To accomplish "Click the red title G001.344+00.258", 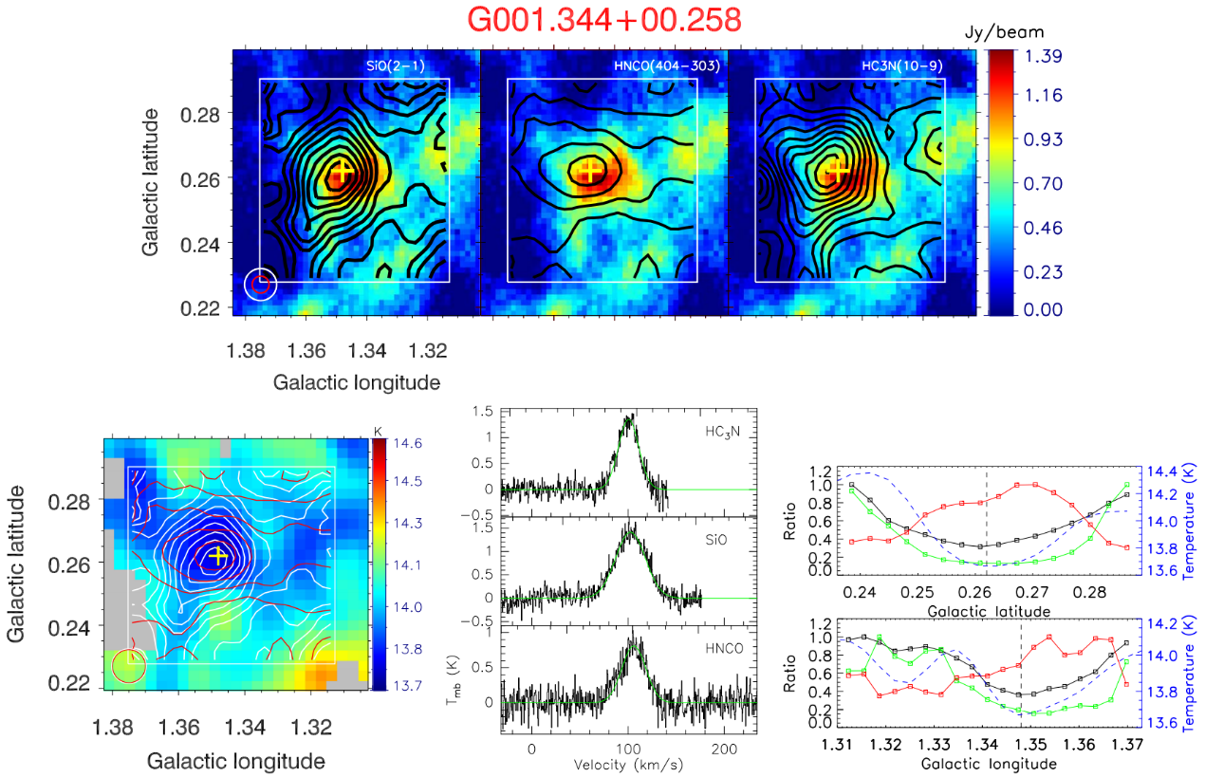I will [602, 21].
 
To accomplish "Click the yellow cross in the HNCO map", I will [590, 171].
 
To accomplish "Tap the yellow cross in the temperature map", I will [217, 555].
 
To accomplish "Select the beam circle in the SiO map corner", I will [261, 284].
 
